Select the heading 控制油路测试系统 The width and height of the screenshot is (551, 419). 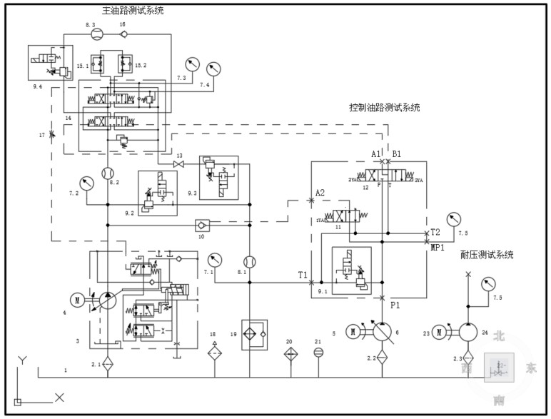tap(384, 108)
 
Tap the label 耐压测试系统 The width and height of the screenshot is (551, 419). tap(487, 255)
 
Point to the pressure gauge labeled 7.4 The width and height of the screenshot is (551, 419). tap(213, 69)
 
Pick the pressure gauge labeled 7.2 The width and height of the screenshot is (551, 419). tap(87, 183)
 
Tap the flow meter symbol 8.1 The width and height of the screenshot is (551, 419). tap(249, 262)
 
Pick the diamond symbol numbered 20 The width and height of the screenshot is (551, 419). tap(289, 354)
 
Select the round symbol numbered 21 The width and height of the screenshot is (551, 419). tap(318, 352)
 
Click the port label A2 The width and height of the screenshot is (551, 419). tap(320, 193)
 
